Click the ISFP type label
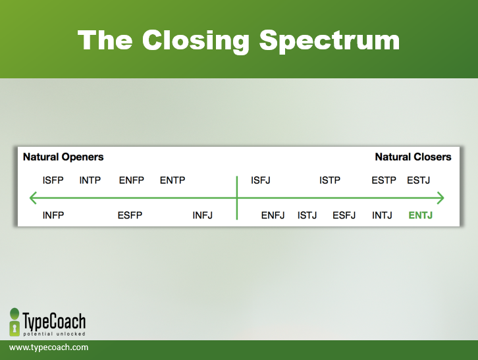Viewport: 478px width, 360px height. (x=53, y=180)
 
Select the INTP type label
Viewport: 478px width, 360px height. (x=90, y=180)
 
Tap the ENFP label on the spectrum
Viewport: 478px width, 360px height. (x=132, y=180)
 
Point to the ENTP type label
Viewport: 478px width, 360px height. (x=173, y=180)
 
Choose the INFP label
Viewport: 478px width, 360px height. (x=53, y=215)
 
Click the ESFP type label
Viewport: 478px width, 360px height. (x=130, y=215)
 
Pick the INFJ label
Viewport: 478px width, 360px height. (x=202, y=215)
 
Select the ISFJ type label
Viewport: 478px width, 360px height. (x=261, y=180)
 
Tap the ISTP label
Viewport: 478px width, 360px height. (x=330, y=180)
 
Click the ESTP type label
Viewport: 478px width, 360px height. (x=384, y=180)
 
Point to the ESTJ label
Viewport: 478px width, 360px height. (x=419, y=180)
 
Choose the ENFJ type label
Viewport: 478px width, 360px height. (x=273, y=215)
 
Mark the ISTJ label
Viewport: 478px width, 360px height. (x=307, y=215)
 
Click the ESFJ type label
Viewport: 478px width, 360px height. (x=344, y=215)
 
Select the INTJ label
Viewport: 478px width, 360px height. (x=382, y=215)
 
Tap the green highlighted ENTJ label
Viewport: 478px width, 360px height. (x=420, y=215)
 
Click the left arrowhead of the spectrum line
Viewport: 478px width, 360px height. (x=30, y=198)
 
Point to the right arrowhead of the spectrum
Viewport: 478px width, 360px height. (x=444, y=198)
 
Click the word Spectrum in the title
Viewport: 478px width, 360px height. (x=329, y=41)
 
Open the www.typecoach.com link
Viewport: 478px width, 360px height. (x=49, y=347)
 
